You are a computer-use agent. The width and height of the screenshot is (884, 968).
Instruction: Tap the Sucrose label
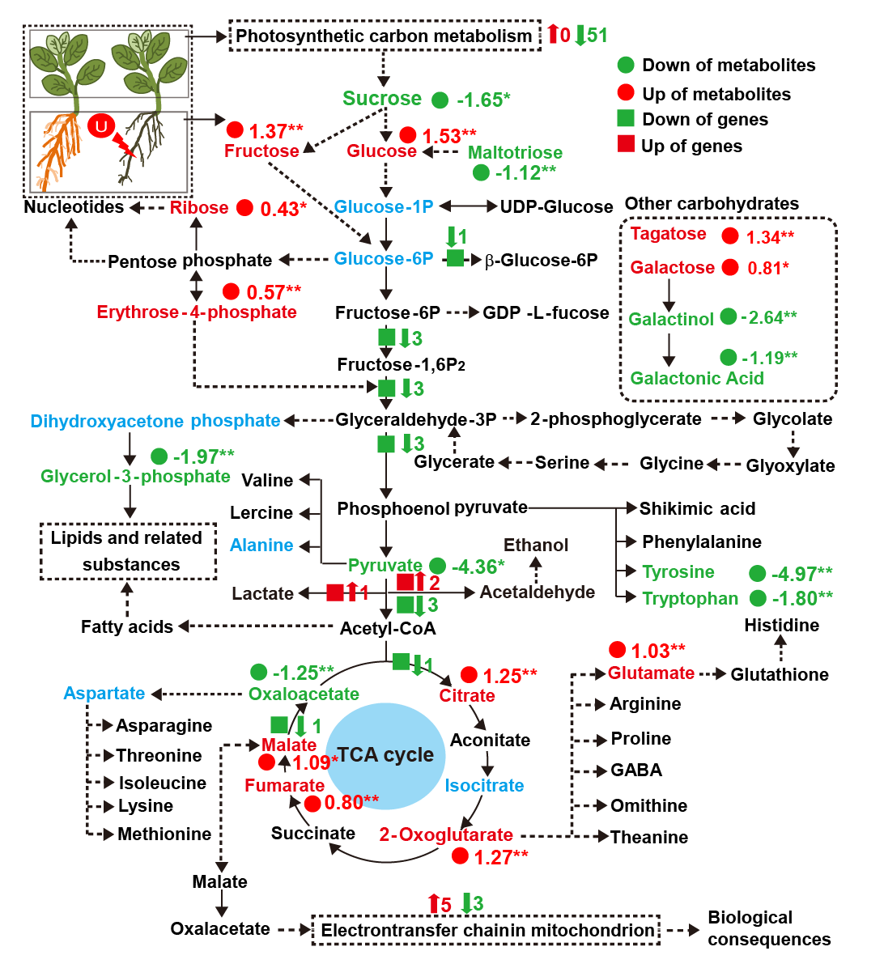tap(382, 98)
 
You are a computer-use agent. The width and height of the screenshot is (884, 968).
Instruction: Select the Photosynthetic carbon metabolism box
tap(385, 36)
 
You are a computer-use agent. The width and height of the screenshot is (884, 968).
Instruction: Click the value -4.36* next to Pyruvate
tap(478, 566)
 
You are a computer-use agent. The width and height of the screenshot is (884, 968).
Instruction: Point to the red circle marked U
tap(101, 126)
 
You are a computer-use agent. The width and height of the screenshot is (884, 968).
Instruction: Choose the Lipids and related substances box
tap(129, 551)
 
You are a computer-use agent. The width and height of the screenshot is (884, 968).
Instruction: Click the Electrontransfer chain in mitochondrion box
tap(487, 930)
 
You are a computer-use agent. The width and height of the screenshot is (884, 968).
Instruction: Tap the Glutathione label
tap(780, 674)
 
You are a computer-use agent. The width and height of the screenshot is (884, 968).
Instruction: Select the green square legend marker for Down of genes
tap(625, 118)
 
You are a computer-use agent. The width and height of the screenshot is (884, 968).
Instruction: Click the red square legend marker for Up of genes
tap(625, 144)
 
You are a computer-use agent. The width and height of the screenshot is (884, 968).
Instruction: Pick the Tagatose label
tap(668, 234)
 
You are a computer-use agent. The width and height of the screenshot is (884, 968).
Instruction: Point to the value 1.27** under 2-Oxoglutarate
tap(501, 857)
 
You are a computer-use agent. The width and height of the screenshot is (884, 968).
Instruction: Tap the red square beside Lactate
tap(334, 592)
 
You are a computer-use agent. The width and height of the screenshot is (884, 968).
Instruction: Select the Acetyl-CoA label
tap(389, 628)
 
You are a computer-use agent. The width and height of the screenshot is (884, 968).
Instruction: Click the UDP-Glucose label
tap(556, 207)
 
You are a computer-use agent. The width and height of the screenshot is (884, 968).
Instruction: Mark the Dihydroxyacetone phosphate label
tap(155, 421)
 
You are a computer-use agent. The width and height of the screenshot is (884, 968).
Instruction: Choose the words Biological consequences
tap(769, 928)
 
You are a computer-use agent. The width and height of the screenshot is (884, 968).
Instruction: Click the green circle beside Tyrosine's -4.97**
tap(758, 574)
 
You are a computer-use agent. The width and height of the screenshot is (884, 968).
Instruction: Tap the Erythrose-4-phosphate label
tap(197, 312)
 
